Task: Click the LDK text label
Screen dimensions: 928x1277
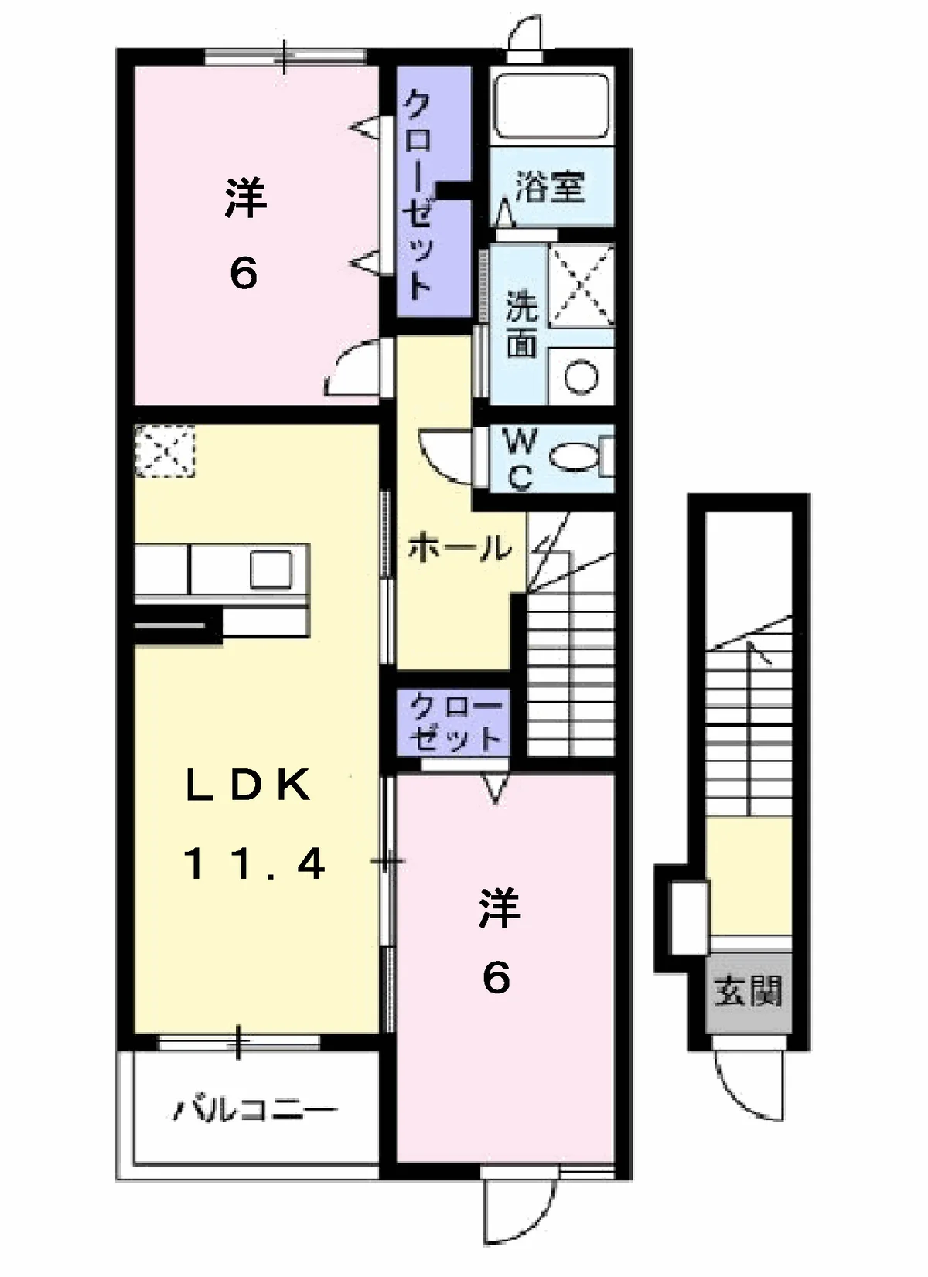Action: tap(248, 785)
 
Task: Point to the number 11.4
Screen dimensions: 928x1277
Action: tap(254, 863)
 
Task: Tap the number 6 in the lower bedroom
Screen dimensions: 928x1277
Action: tap(496, 979)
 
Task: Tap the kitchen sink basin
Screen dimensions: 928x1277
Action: tap(271, 570)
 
